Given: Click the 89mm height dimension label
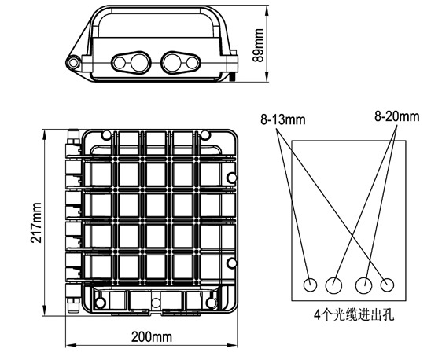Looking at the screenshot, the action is point(259,45).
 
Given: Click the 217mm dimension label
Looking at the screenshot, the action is point(36,222).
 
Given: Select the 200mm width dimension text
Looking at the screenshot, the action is point(152,337).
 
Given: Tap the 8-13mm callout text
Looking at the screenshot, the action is point(282,120).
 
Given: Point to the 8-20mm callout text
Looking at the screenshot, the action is point(397,116).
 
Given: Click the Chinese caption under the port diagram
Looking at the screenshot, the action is point(354,315).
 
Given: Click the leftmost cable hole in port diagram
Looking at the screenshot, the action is point(310,285).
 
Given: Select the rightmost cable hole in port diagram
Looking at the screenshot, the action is point(387,285).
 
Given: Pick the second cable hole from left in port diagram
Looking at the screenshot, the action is point(333,285).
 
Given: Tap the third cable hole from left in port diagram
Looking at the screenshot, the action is point(364,285).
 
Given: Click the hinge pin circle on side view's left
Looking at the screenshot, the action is point(73,63).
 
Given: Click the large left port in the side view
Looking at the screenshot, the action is point(140,63).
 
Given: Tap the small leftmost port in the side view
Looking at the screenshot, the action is point(120,63).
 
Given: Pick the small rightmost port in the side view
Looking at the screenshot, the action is point(193,63).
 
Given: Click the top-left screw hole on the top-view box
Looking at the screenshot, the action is point(106,135).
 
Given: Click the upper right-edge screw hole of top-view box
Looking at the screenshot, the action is point(232,178).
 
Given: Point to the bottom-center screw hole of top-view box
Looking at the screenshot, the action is point(156,303).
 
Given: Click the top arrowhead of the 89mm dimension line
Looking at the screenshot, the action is point(267,9).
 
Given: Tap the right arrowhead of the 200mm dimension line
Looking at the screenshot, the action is point(233,345).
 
